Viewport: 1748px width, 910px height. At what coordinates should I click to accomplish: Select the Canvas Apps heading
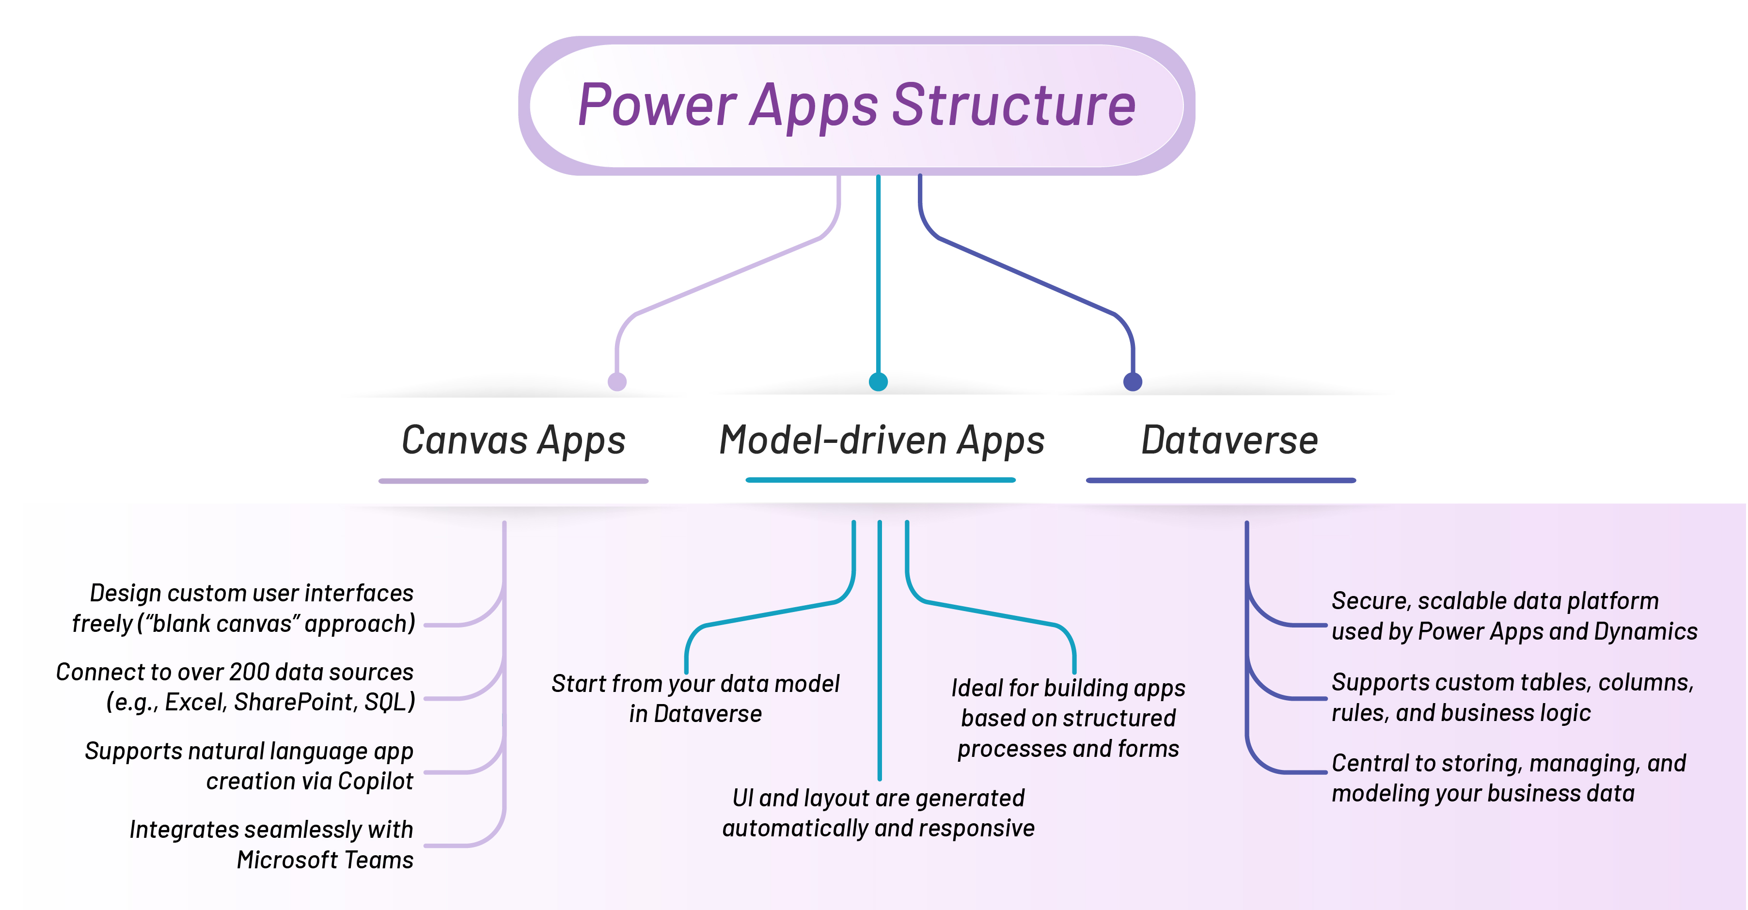pos(513,440)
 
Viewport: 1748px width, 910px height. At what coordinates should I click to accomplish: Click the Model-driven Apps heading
pos(882,440)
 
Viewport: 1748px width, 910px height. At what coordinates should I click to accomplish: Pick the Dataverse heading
pos(1229,440)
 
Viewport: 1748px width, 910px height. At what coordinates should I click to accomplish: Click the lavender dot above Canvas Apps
pos(617,381)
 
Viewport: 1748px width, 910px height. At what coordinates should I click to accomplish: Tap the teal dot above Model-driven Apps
pos(878,381)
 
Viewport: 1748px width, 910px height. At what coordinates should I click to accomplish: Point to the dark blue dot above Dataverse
pos(1133,381)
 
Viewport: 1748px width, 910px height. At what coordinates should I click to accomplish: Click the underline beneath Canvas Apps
pos(513,481)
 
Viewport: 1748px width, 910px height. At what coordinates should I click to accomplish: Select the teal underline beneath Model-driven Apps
pos(880,480)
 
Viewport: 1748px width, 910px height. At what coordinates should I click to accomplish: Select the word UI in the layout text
pos(742,798)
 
